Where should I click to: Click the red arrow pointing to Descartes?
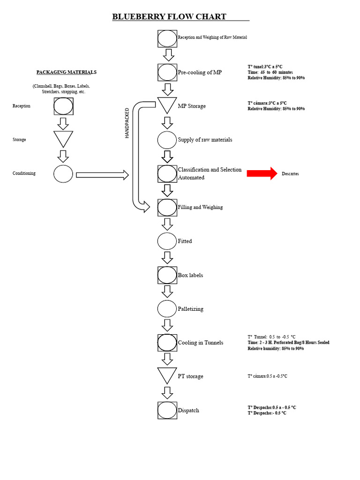pyautogui.click(x=262, y=173)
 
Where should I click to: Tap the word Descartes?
pyautogui.click(x=290, y=174)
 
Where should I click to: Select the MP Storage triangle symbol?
pyautogui.click(x=167, y=105)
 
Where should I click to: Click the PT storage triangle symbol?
pyautogui.click(x=167, y=375)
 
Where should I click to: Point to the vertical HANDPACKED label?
pyautogui.click(x=127, y=123)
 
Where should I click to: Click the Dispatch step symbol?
pyautogui.click(x=167, y=410)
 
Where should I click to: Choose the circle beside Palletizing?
pyautogui.click(x=167, y=309)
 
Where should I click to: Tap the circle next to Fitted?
pyautogui.click(x=167, y=241)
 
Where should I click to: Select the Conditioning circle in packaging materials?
pyautogui.click(x=63, y=174)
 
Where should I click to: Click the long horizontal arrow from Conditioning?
pyautogui.click(x=102, y=175)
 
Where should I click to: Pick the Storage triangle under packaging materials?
pyautogui.click(x=63, y=139)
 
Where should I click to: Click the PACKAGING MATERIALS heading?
pyautogui.click(x=67, y=72)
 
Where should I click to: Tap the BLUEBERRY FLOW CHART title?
pyautogui.click(x=169, y=16)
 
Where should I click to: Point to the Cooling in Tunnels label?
pyautogui.click(x=201, y=343)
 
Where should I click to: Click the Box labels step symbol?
pyautogui.click(x=167, y=275)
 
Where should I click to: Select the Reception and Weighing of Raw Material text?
pyautogui.click(x=212, y=37)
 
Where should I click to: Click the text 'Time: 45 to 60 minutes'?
pyautogui.click(x=270, y=72)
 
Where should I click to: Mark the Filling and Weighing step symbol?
pyautogui.click(x=167, y=208)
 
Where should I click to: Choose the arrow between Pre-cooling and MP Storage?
pyautogui.click(x=167, y=90)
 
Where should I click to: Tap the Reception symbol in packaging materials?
pyautogui.click(x=63, y=106)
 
